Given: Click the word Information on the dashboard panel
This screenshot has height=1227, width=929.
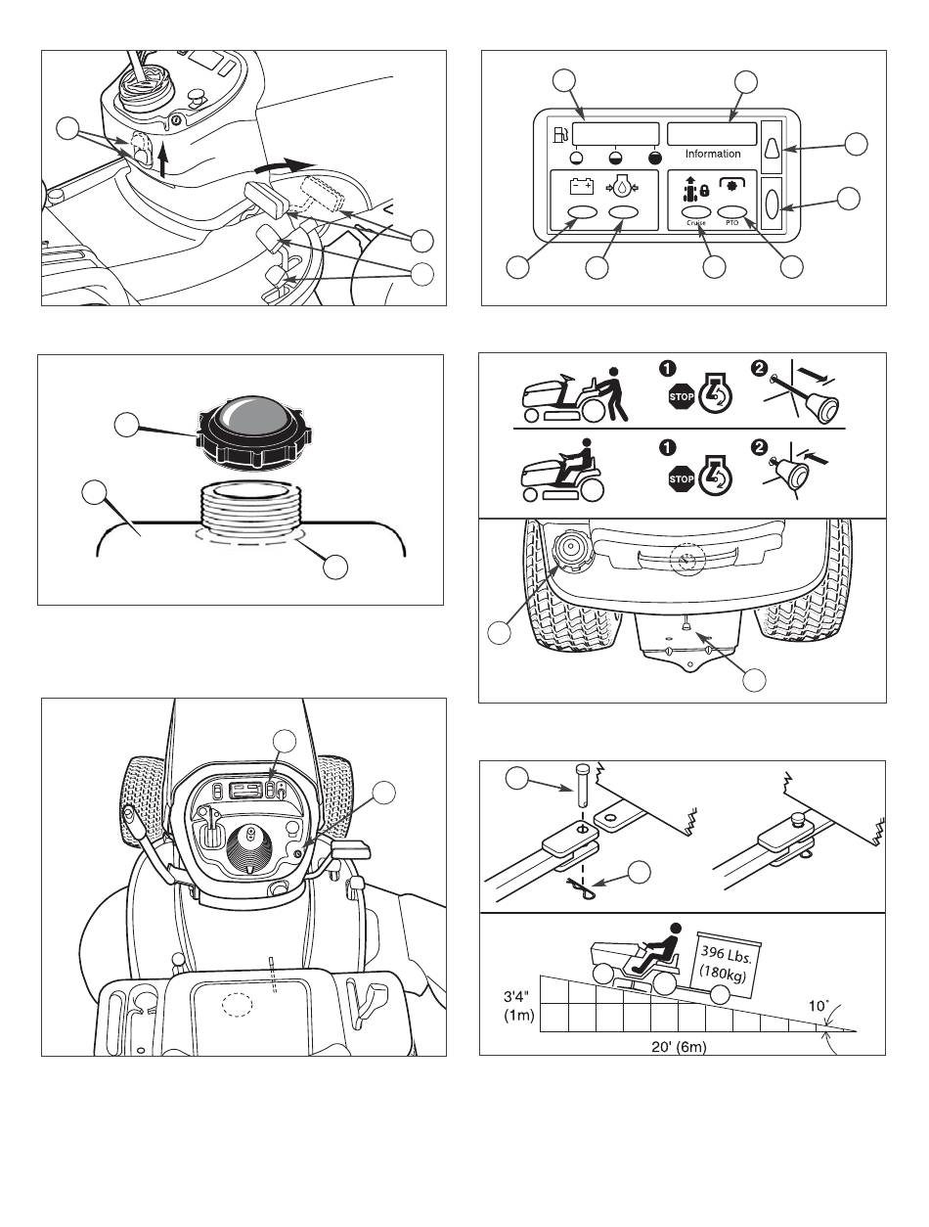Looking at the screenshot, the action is coord(713,154).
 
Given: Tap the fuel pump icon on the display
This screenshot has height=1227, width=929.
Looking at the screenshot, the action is coord(560,135).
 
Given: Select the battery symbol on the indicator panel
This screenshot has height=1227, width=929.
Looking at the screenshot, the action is coord(582,186).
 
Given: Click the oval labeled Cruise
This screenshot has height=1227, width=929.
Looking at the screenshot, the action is coord(696,212).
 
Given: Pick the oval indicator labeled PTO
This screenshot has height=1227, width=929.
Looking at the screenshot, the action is coord(732,211).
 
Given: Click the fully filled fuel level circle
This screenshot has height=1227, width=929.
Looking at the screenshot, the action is coord(655,158).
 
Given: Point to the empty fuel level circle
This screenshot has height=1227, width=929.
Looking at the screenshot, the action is coord(577,158).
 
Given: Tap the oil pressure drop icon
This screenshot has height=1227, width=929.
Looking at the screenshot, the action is coord(621,189).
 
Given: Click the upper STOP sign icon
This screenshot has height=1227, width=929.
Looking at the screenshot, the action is coord(681,397).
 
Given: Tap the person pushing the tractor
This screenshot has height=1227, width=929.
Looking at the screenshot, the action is coord(613,393).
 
